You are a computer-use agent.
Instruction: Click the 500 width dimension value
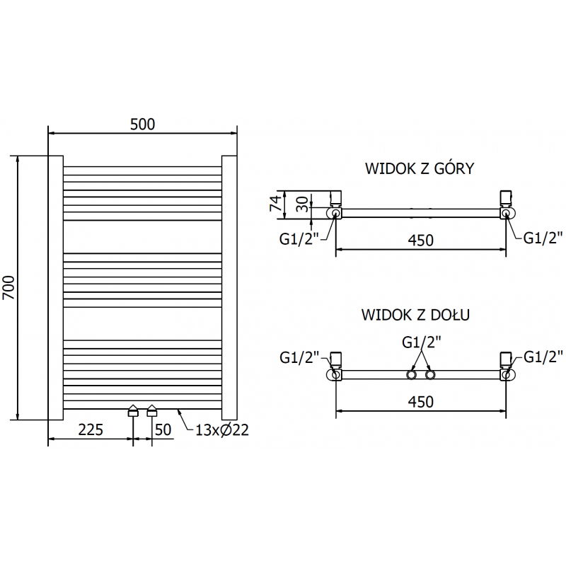coord(142,124)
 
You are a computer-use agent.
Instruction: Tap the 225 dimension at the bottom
coord(91,429)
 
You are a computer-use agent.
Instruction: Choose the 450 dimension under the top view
coord(420,241)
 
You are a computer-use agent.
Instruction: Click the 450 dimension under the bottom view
coord(420,401)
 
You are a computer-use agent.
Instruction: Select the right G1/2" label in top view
coord(543,238)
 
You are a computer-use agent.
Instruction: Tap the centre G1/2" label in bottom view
coord(422,342)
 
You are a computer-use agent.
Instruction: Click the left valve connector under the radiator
coord(133,412)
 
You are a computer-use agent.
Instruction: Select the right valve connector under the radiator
coord(151,412)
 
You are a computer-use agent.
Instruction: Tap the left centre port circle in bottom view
coord(411,374)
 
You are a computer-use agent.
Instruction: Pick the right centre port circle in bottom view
coord(430,374)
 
